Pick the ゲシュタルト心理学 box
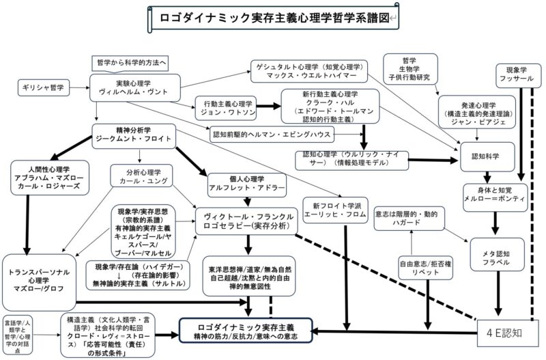pos(308,71)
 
